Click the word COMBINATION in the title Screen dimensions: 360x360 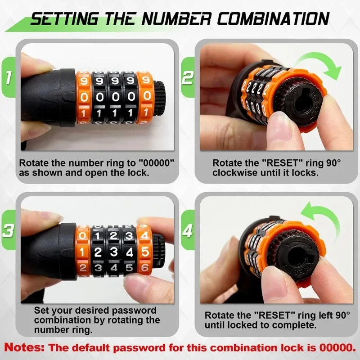(273, 18)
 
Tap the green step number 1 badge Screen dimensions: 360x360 (9, 77)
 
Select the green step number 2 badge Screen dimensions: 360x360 (188, 77)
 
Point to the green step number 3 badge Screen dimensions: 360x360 (9, 230)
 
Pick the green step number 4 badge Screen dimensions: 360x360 (188, 230)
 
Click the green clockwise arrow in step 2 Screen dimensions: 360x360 (321, 60)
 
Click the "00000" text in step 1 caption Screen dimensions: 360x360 (157, 163)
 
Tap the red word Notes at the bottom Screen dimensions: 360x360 (24, 347)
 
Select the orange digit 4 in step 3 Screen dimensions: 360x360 (144, 235)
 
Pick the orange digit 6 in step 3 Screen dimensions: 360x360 (144, 267)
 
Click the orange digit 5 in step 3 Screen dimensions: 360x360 (144, 252)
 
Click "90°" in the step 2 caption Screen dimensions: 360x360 (333, 163)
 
